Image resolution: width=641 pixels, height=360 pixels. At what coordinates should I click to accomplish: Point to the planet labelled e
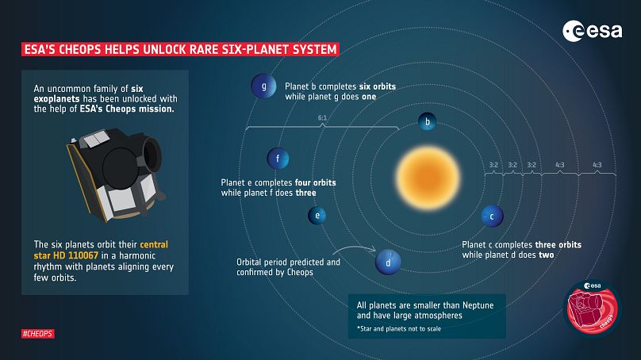(x=317, y=216)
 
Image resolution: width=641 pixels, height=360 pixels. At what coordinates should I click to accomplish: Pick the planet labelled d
(x=387, y=262)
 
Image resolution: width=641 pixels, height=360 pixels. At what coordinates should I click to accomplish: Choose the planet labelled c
(x=491, y=216)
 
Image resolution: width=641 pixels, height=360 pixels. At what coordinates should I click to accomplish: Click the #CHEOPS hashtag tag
(x=38, y=334)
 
